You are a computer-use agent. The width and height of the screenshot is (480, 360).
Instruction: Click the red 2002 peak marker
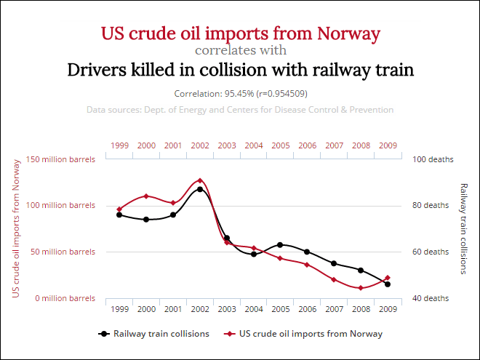(x=200, y=180)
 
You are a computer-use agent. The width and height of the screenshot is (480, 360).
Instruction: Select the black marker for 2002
(x=200, y=189)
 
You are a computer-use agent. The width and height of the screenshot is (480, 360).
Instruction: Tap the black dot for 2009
(x=388, y=284)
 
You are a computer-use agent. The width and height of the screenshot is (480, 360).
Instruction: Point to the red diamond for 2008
(x=361, y=288)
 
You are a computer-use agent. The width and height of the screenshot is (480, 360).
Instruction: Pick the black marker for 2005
(x=280, y=245)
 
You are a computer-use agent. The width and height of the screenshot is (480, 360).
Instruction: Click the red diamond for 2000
(x=146, y=196)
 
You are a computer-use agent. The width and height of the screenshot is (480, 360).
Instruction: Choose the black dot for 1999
(x=119, y=215)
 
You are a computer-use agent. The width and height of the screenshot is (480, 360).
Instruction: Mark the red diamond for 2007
(x=334, y=279)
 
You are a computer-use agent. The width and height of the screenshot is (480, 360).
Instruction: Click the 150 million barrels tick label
(x=60, y=159)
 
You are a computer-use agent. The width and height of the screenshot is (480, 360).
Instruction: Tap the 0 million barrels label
(x=65, y=298)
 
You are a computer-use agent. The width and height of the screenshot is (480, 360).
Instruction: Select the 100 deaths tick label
(x=433, y=159)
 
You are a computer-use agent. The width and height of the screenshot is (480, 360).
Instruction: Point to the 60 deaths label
(x=431, y=252)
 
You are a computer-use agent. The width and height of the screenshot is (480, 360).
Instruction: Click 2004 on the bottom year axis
(x=254, y=309)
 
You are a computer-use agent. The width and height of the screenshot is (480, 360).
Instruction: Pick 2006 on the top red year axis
(x=308, y=145)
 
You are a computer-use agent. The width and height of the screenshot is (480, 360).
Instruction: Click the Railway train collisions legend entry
(x=153, y=334)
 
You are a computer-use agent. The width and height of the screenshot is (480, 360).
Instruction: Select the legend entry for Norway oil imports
(x=303, y=334)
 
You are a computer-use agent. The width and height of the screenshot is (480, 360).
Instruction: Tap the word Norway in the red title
(x=348, y=33)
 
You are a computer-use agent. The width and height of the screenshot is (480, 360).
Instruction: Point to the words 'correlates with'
(x=241, y=50)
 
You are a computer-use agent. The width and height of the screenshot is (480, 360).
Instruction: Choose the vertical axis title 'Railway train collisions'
(x=464, y=228)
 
